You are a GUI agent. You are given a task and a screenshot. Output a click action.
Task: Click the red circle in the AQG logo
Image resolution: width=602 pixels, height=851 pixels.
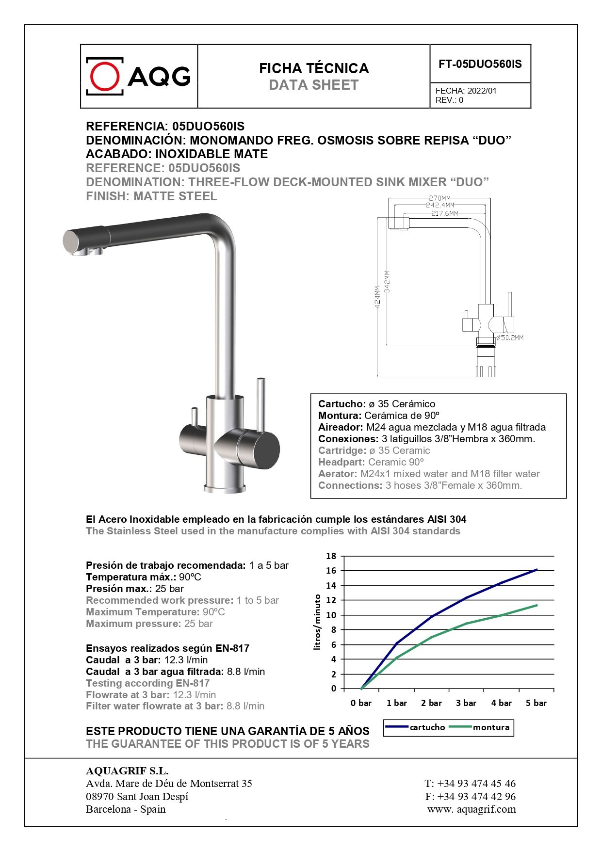click(105, 76)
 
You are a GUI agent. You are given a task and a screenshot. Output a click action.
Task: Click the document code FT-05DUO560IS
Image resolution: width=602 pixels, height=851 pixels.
click(480, 64)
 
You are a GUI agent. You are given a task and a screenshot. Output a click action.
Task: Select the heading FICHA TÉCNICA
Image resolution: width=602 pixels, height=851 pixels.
click(314, 68)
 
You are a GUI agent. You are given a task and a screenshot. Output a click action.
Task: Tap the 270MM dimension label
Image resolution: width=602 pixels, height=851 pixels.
click(439, 198)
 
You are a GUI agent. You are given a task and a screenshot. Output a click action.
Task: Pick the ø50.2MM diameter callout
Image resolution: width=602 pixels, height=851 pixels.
click(510, 337)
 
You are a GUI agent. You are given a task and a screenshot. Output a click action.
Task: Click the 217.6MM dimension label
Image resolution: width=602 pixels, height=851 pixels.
click(445, 213)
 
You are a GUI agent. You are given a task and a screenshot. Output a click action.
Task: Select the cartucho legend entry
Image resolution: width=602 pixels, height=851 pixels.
click(427, 727)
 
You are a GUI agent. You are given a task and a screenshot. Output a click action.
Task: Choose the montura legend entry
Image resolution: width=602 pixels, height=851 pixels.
click(491, 727)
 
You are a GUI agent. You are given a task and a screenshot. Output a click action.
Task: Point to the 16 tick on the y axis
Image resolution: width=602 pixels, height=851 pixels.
click(331, 571)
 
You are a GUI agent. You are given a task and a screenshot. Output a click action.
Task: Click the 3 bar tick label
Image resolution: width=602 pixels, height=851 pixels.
click(466, 703)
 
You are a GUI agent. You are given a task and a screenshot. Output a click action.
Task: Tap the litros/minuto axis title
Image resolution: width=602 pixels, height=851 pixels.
click(318, 622)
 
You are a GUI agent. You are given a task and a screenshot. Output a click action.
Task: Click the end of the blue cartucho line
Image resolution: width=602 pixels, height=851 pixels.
click(537, 570)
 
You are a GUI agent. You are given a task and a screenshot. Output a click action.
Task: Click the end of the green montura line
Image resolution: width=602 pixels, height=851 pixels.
click(537, 605)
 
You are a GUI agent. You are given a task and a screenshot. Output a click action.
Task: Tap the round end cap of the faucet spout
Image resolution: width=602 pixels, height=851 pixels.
click(71, 241)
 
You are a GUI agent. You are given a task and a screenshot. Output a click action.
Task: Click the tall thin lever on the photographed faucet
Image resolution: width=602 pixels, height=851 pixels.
click(260, 404)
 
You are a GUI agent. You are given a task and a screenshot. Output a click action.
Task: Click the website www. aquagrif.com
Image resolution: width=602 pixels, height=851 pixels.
click(472, 809)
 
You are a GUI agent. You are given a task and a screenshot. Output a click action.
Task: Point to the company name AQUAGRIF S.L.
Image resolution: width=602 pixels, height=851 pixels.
click(127, 771)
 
